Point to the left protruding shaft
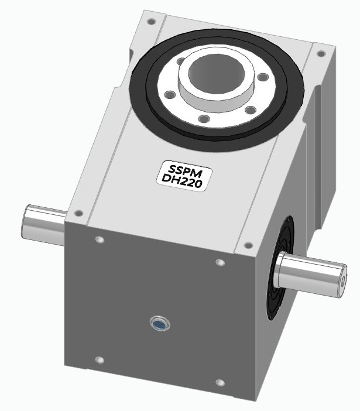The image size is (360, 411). [43, 225]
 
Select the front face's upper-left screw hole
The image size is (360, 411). [98, 240]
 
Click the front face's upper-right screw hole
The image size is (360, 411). [220, 262]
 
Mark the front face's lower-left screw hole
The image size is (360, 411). [99, 359]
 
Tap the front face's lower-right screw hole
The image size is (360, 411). [220, 383]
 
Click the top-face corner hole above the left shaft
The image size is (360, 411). [78, 213]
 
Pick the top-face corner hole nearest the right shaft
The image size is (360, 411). [248, 245]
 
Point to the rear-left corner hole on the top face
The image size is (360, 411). [152, 22]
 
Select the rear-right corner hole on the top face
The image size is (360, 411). [321, 54]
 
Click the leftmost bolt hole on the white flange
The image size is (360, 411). [169, 94]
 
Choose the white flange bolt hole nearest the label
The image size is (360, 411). [204, 119]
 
